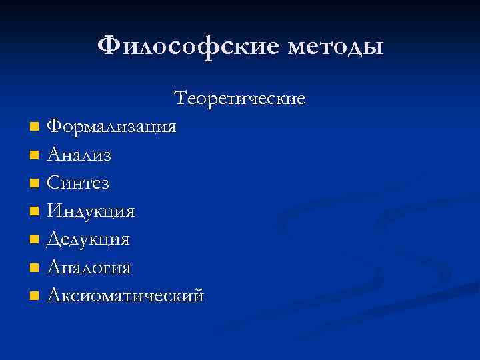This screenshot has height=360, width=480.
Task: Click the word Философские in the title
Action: coord(184,47)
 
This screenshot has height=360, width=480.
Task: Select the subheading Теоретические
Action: coord(239,99)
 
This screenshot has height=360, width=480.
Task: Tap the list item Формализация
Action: coord(112,127)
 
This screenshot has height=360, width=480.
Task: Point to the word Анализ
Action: coord(79,155)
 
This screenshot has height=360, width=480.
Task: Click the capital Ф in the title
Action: coord(109,47)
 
